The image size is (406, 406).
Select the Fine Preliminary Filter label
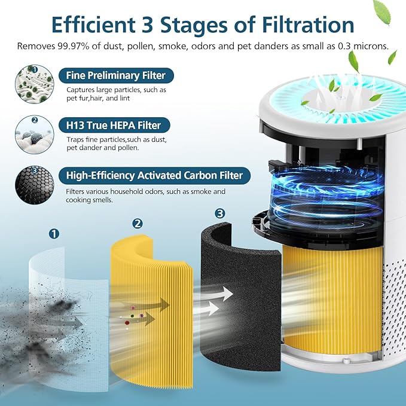[111, 75]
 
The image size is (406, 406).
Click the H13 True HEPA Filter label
[114, 125]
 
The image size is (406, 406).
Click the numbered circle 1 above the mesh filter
[54, 233]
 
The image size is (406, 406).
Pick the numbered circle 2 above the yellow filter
[138, 223]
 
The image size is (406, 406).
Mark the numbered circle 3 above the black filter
[220, 213]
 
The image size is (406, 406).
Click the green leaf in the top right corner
[380, 9]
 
